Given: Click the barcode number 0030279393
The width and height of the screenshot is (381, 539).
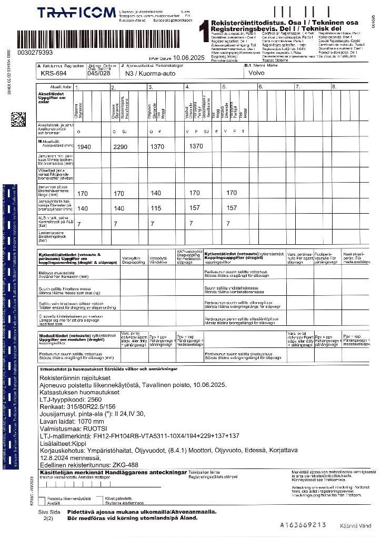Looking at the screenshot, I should [x=35, y=53].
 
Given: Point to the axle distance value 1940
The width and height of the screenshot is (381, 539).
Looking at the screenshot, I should [x=84, y=147].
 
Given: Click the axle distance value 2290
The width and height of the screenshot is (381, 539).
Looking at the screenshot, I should [x=121, y=147].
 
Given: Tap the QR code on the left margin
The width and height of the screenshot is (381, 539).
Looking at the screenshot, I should [x=18, y=119].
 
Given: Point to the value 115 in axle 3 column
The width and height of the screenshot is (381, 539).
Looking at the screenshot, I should [x=156, y=209].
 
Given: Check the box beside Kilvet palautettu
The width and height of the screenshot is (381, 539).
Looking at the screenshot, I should [x=101, y=498].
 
